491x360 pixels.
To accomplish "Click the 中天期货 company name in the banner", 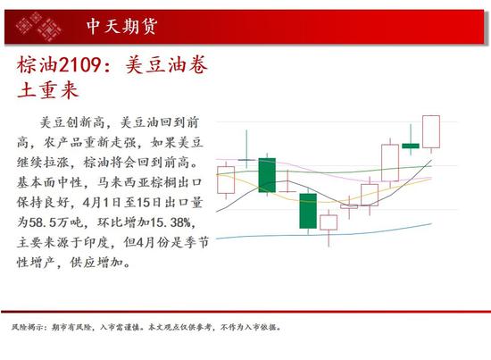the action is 121,26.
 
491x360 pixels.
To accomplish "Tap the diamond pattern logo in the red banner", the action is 38,27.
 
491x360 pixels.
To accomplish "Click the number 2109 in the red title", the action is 79,65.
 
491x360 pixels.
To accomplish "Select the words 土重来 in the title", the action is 47,90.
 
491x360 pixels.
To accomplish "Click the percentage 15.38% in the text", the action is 171,222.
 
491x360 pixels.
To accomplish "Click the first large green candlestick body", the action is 267,175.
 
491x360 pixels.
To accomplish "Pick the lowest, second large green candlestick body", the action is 308,211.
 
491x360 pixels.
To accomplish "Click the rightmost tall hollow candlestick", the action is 431,131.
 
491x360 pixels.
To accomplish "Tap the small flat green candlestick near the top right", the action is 411,146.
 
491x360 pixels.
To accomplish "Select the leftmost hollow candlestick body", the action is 226,180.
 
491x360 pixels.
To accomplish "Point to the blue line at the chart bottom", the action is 324,235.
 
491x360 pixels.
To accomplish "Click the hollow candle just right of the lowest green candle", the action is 329,222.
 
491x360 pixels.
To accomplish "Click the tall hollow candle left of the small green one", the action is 390,163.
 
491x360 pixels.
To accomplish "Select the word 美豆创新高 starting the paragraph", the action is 72,122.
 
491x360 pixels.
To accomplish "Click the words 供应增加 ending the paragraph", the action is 96,263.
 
